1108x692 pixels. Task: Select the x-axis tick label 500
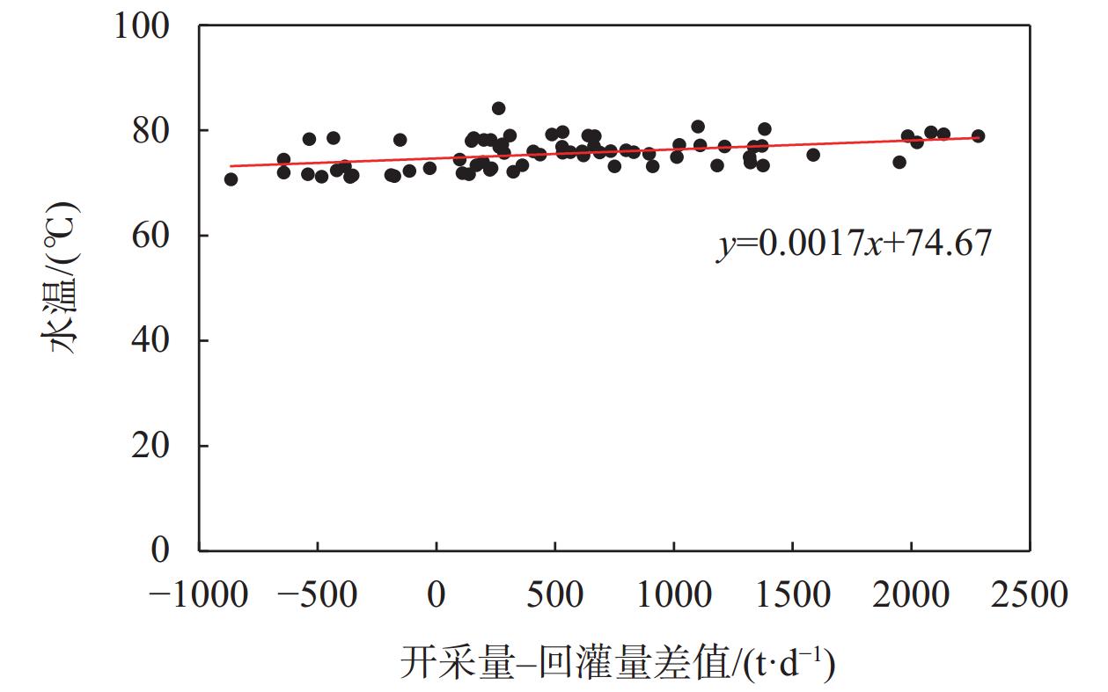click(x=554, y=595)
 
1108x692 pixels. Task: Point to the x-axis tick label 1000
click(x=673, y=595)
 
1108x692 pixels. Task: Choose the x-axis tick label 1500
click(x=792, y=595)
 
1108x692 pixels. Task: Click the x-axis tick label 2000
click(x=911, y=595)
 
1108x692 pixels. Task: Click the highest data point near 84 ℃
click(x=498, y=108)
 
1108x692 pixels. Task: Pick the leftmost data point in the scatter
click(x=231, y=179)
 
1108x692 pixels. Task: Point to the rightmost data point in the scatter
click(x=978, y=136)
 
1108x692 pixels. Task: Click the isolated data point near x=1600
click(x=813, y=155)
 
